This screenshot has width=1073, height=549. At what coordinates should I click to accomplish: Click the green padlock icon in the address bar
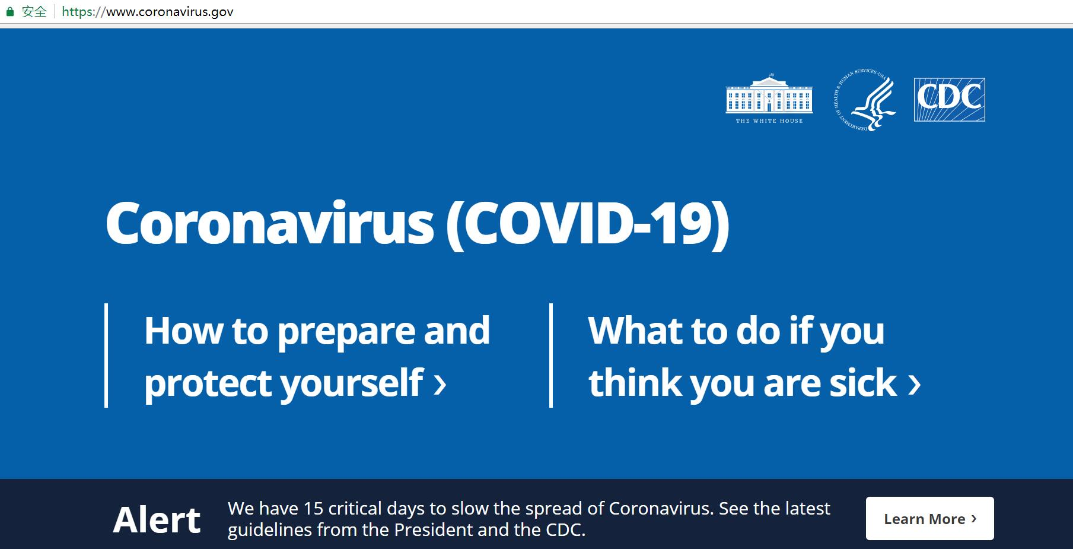pos(9,11)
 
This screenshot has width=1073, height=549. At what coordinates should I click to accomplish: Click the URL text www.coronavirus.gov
pos(170,12)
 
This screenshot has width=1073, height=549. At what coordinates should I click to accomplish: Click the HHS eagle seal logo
pos(865,100)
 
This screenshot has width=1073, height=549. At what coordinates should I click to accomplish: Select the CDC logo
pos(949,100)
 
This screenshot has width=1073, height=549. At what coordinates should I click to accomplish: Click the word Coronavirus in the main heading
pos(270,223)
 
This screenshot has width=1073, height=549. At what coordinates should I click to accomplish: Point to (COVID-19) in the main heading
pos(587,224)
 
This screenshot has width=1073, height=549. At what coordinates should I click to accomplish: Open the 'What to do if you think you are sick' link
pos(754,356)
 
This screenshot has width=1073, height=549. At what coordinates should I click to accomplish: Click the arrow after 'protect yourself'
pos(440,384)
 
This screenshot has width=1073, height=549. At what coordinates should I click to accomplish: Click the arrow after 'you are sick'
pos(915,384)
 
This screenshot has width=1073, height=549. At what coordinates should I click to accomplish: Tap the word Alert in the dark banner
pos(157,520)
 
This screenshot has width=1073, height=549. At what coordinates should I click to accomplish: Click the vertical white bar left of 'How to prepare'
pos(106,356)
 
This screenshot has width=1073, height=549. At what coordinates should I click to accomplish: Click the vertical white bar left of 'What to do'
pos(551,356)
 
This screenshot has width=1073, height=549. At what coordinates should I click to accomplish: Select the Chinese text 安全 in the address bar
pos(34,11)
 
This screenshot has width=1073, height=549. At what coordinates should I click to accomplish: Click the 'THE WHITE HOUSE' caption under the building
pos(769,121)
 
